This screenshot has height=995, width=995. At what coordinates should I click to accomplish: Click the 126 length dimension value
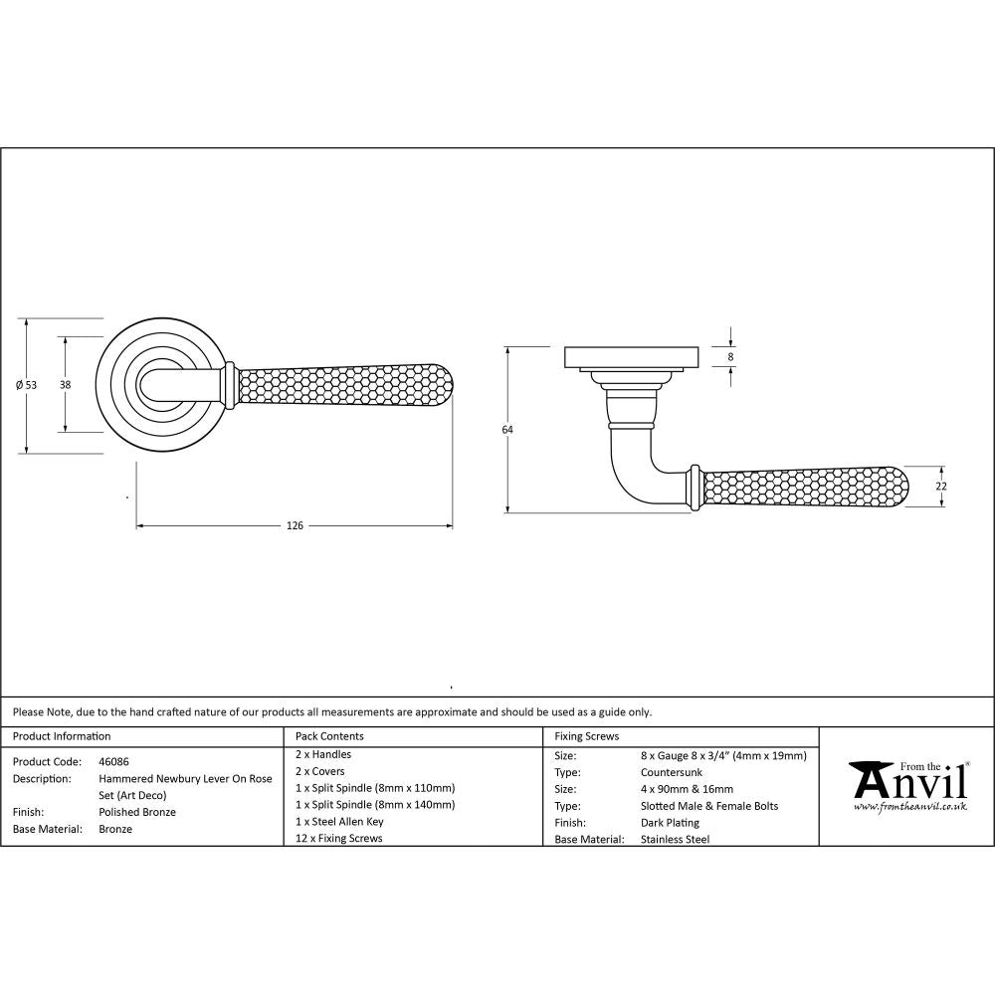pyautogui.click(x=294, y=525)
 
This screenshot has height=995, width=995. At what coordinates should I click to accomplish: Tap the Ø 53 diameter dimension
pyautogui.click(x=27, y=385)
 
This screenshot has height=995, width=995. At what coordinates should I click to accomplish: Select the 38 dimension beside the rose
pyautogui.click(x=65, y=384)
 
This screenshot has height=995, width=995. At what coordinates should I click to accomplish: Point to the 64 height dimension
pyautogui.click(x=507, y=429)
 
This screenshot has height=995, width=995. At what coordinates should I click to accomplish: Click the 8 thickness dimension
pyautogui.click(x=731, y=356)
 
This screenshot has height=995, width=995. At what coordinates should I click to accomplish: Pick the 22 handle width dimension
pyautogui.click(x=941, y=486)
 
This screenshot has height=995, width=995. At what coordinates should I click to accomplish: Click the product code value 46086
pyautogui.click(x=113, y=761)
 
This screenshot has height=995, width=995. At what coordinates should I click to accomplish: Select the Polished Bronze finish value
pyautogui.click(x=137, y=812)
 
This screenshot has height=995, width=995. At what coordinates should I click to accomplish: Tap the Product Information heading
pyautogui.click(x=62, y=736)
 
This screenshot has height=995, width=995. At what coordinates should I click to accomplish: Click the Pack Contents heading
pyautogui.click(x=329, y=736)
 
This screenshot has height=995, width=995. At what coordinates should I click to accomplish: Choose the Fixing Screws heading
pyautogui.click(x=586, y=736)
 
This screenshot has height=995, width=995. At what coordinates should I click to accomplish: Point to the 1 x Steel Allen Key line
pyautogui.click(x=339, y=822)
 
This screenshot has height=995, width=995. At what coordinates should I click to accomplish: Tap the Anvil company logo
pyautogui.click(x=907, y=782)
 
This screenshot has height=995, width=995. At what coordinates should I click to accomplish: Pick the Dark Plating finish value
pyautogui.click(x=671, y=823)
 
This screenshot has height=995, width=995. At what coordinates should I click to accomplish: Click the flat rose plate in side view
pyautogui.click(x=632, y=356)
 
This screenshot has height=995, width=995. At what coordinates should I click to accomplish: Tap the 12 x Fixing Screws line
pyautogui.click(x=339, y=839)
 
